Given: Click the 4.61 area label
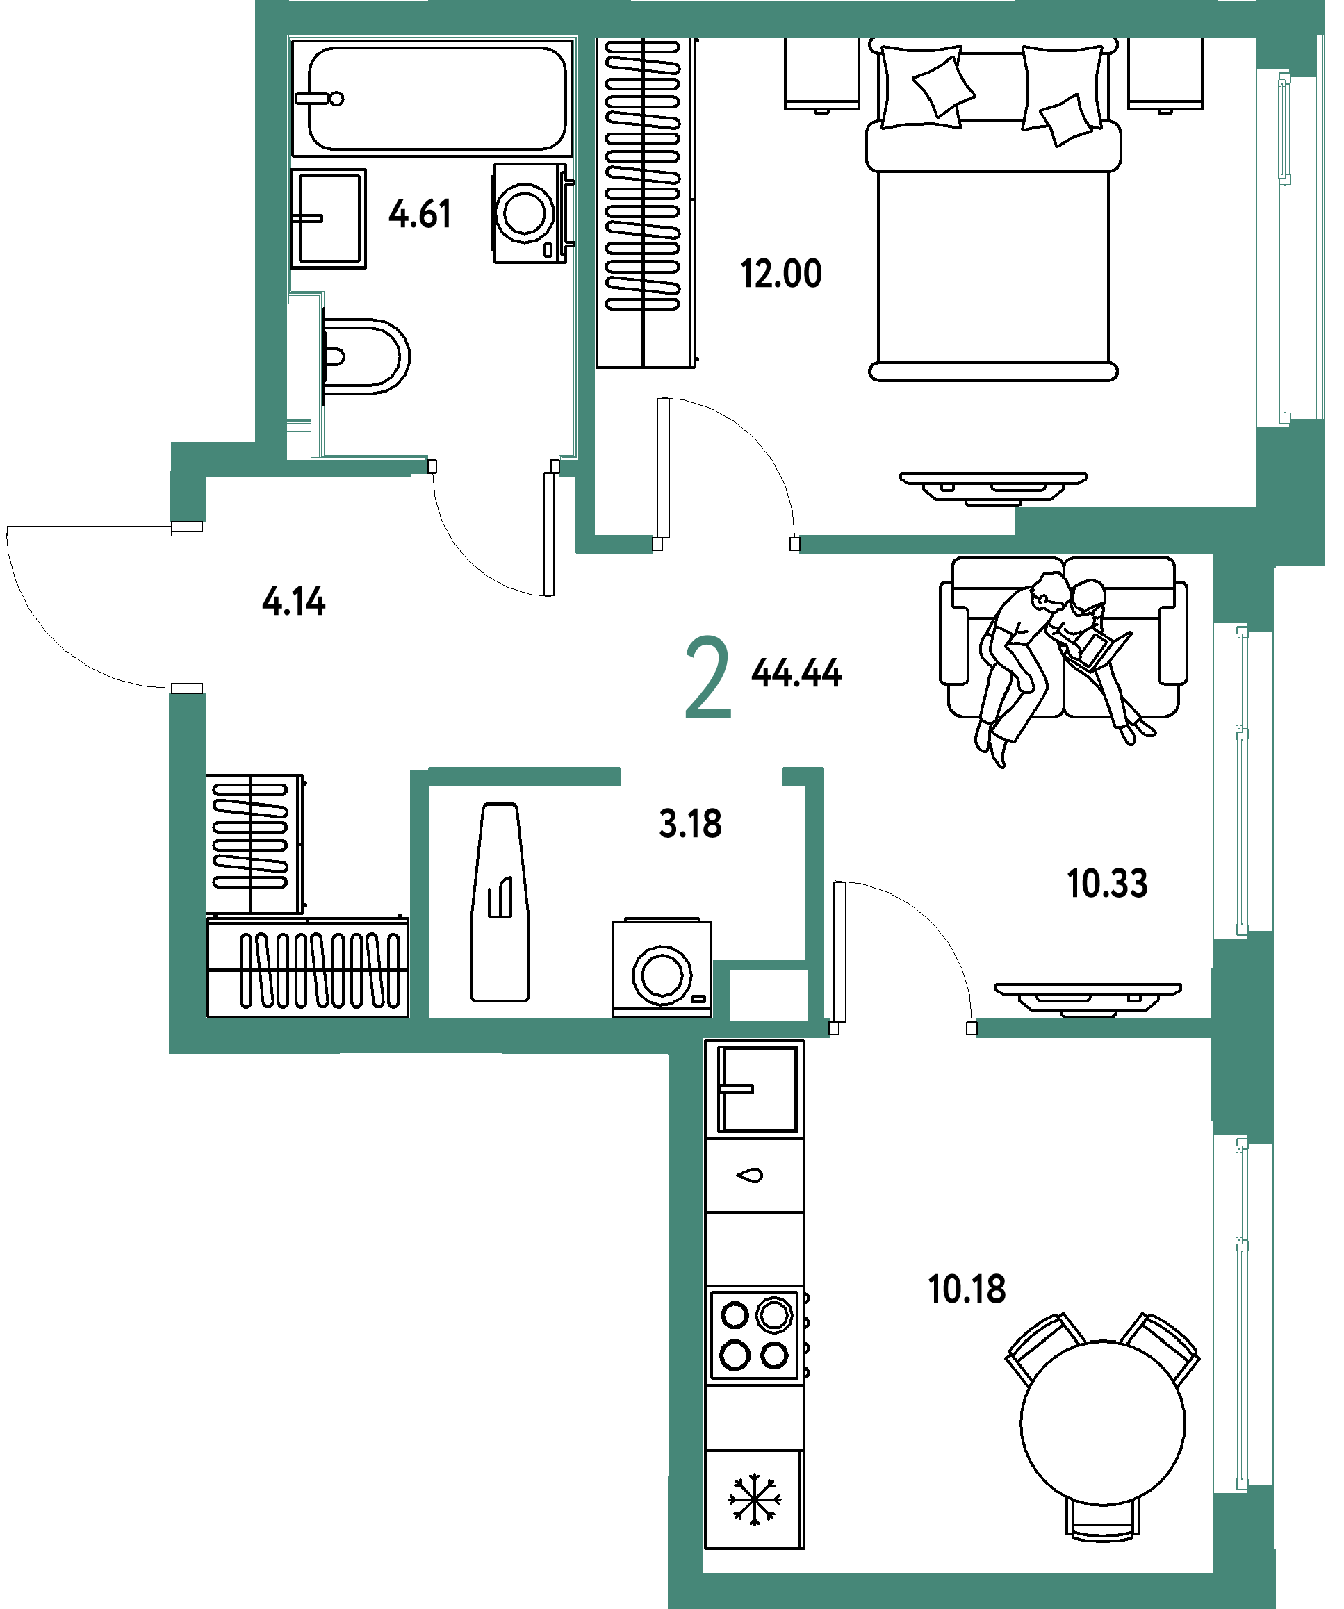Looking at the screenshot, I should coord(420,214).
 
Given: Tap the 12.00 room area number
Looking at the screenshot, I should coord(782,274).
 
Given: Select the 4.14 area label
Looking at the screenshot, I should coord(294,601).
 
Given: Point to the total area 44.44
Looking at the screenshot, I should coord(797,673).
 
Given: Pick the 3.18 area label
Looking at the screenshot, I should coord(690,825).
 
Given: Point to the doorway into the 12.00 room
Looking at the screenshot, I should coord(726,544).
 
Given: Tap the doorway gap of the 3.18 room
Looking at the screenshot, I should coord(700,776).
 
